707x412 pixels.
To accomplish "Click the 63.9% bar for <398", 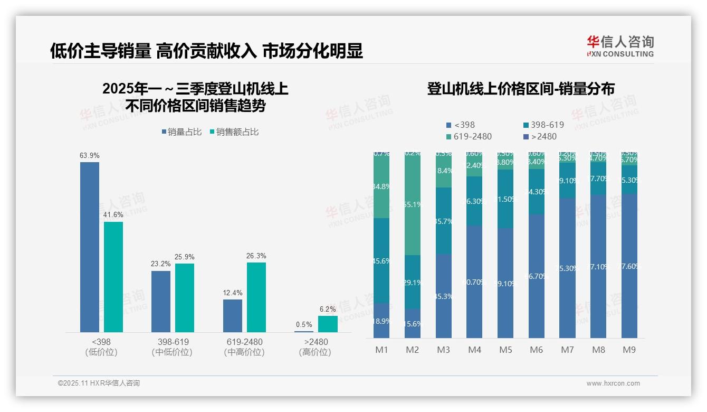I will [x=90, y=247].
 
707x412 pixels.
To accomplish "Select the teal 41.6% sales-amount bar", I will [x=113, y=277].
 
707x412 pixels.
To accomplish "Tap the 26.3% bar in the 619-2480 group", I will [x=256, y=297].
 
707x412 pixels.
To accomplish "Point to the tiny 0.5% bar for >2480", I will [x=304, y=331].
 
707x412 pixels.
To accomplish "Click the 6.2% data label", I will [x=328, y=309].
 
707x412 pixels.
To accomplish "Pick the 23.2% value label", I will [x=161, y=264].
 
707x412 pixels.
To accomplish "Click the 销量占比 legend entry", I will [x=181, y=132].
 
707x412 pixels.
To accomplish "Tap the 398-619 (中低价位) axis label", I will [x=172, y=347].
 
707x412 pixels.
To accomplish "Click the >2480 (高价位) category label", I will [x=315, y=347].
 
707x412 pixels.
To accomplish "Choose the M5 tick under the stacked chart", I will [x=505, y=350].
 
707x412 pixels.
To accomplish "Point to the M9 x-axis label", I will [x=629, y=350].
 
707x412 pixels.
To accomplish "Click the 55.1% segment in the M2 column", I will [x=413, y=204].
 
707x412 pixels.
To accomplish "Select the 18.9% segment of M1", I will [x=381, y=321].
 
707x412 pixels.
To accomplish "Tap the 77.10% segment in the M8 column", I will [x=598, y=267].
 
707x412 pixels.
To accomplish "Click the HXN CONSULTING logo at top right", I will [x=620, y=46].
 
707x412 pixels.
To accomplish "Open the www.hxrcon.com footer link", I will [x=613, y=383].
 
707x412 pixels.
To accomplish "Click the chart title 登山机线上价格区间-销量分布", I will [x=521, y=89].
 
